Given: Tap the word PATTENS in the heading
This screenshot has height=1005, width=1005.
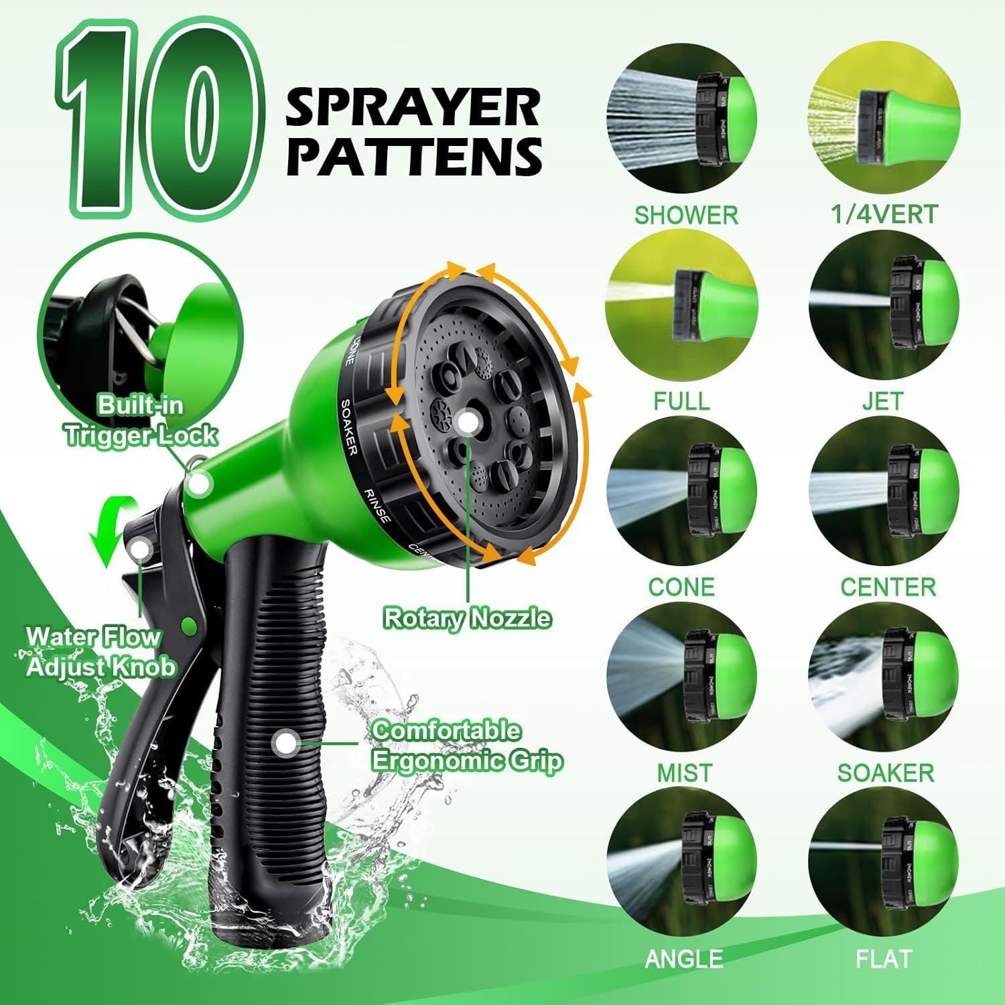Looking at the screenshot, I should point(414,157).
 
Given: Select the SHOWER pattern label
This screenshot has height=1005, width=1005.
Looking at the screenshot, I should point(685,215).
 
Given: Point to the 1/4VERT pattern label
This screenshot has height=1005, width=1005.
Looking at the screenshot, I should point(884,214).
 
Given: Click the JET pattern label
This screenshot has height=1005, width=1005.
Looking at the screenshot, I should point(882,401).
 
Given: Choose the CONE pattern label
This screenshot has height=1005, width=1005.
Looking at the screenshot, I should point(681,587).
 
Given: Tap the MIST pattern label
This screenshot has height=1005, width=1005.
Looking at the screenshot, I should point(684,773).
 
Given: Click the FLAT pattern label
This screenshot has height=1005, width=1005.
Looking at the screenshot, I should point(884,959).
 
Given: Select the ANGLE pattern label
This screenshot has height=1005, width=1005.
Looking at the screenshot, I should point(683,959).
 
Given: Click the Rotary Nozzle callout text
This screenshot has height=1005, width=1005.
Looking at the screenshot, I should point(467,618).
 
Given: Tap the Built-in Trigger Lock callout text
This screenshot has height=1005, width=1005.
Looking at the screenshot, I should point(141,420).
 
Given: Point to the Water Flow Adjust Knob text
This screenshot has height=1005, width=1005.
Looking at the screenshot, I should point(100,651).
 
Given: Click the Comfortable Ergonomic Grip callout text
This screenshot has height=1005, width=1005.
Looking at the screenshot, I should point(466,745).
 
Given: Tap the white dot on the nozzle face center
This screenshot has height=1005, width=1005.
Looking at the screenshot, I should point(468,422).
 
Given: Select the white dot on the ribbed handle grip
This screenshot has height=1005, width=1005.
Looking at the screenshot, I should point(287,742).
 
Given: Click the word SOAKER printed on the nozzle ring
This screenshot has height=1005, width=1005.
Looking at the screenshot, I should point(349,427).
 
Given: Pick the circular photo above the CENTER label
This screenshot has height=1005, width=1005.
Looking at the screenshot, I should point(884,490).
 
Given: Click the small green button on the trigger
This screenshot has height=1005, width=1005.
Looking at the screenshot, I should point(189,626).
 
